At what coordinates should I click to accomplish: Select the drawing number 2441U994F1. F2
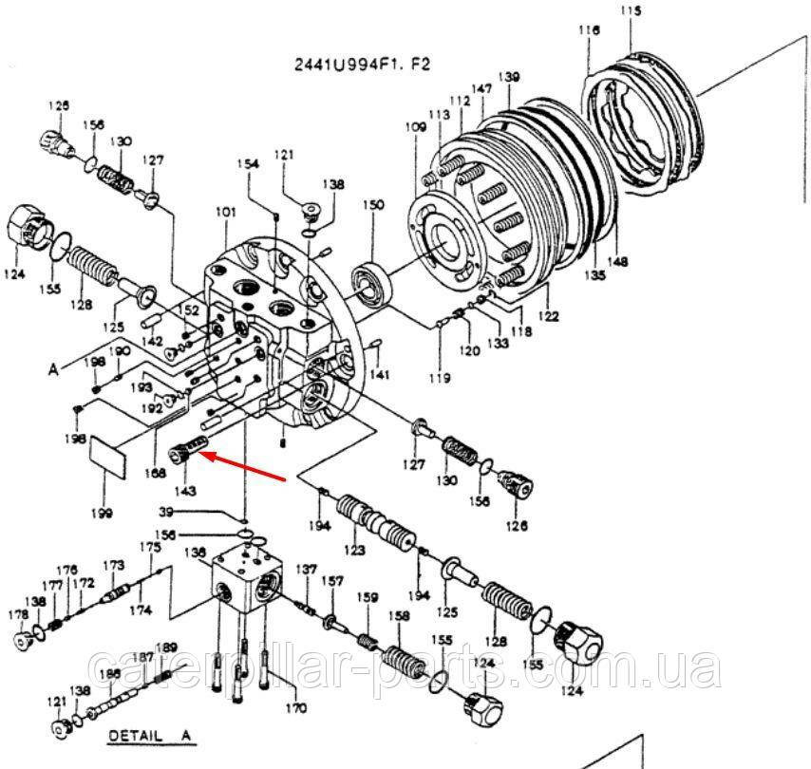pos(361,65)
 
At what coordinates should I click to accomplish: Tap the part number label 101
pos(225,213)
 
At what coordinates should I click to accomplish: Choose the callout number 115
pos(632,11)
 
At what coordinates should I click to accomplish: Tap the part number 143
pos(184,491)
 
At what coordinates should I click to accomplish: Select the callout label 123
pos(354,550)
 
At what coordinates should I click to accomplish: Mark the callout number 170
pos(297,708)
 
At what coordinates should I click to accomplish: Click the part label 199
pos(102,514)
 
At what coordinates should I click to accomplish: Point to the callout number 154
pos(248,164)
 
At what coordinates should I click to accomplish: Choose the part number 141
pos(381,375)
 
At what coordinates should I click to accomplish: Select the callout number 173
pos(114,566)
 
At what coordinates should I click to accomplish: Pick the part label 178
pos(18,615)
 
